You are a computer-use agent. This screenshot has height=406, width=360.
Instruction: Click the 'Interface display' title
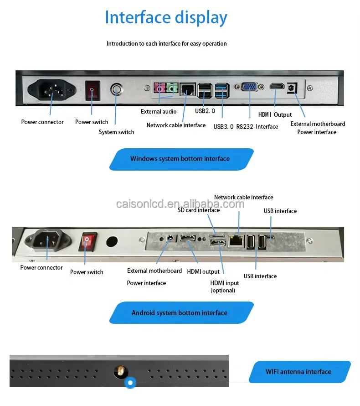pos(166,18)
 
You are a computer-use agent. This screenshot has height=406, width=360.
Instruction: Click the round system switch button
pos(118,89)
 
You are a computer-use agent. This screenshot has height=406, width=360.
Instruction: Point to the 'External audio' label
pos(159,111)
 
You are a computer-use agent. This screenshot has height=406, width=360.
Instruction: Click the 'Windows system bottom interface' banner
pos(180,159)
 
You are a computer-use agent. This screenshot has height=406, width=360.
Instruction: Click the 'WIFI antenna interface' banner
pos(298,372)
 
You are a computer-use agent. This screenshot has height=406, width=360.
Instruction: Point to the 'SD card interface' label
pos(199,210)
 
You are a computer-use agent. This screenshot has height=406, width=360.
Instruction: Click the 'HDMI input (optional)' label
pos(224,286)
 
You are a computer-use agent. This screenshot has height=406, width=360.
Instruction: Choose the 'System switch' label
pos(117,132)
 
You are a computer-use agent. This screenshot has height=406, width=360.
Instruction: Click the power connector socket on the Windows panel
pos(51,89)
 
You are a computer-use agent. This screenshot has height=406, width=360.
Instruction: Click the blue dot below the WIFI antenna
pos(130,383)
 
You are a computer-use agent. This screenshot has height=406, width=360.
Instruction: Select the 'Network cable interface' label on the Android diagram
pos(244,198)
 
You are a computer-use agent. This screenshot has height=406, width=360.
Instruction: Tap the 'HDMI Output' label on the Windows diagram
pos(275,115)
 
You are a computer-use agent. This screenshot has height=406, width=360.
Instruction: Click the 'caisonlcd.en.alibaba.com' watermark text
pos(180,204)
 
